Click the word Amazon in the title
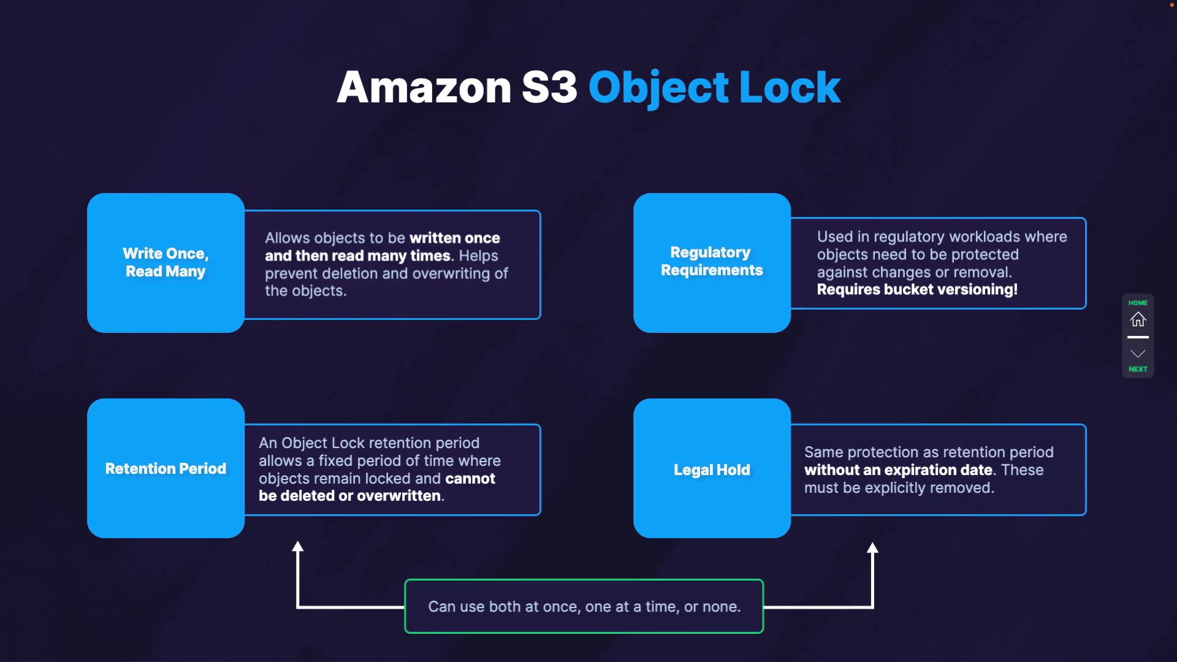(424, 88)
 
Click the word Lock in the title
(790, 88)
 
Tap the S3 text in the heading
(549, 88)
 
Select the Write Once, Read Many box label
(166, 262)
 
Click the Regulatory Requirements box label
(711, 261)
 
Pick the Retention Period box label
(166, 469)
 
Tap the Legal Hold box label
(711, 470)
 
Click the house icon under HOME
(1138, 319)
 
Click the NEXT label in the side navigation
(1138, 369)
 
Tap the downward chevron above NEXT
(1138, 354)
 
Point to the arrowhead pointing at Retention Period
(298, 547)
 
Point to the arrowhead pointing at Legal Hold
(872, 548)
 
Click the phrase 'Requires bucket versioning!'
(917, 289)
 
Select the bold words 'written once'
(454, 238)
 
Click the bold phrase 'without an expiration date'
(898, 470)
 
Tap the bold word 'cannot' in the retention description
(470, 479)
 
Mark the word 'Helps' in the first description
(478, 256)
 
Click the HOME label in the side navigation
(1138, 303)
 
